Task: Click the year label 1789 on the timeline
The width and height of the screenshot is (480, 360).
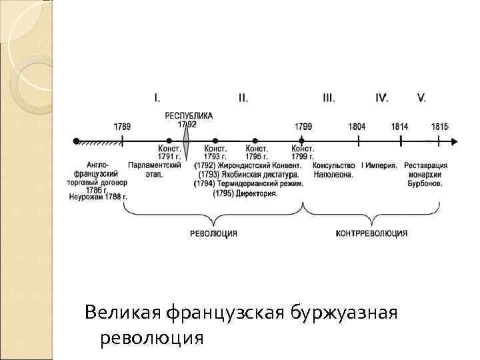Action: pyautogui.click(x=122, y=126)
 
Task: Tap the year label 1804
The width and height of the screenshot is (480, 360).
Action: pyautogui.click(x=357, y=126)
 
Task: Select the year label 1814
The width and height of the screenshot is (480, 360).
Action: pyautogui.click(x=400, y=126)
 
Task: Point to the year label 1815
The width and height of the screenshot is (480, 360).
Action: pyautogui.click(x=439, y=126)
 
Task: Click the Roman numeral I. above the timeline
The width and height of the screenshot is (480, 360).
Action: pyautogui.click(x=157, y=98)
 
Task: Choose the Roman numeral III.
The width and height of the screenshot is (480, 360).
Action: pyautogui.click(x=329, y=98)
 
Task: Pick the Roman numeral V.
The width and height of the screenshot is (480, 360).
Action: pyautogui.click(x=421, y=98)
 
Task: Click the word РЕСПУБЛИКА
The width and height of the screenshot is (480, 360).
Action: pyautogui.click(x=189, y=115)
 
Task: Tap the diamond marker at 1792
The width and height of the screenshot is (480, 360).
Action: pyautogui.click(x=187, y=141)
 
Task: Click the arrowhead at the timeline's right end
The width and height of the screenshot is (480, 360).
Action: pyautogui.click(x=454, y=141)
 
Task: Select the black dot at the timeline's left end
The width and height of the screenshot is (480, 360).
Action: pyautogui.click(x=77, y=141)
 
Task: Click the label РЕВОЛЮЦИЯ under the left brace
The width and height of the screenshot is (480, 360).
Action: pyautogui.click(x=213, y=233)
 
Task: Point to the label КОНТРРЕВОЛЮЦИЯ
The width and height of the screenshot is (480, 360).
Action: pyautogui.click(x=371, y=233)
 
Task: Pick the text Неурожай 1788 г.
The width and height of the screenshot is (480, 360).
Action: pyautogui.click(x=98, y=197)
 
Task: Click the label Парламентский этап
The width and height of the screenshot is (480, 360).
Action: pyautogui.click(x=155, y=169)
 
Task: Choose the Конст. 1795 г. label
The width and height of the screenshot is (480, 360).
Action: pyautogui.click(x=257, y=153)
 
